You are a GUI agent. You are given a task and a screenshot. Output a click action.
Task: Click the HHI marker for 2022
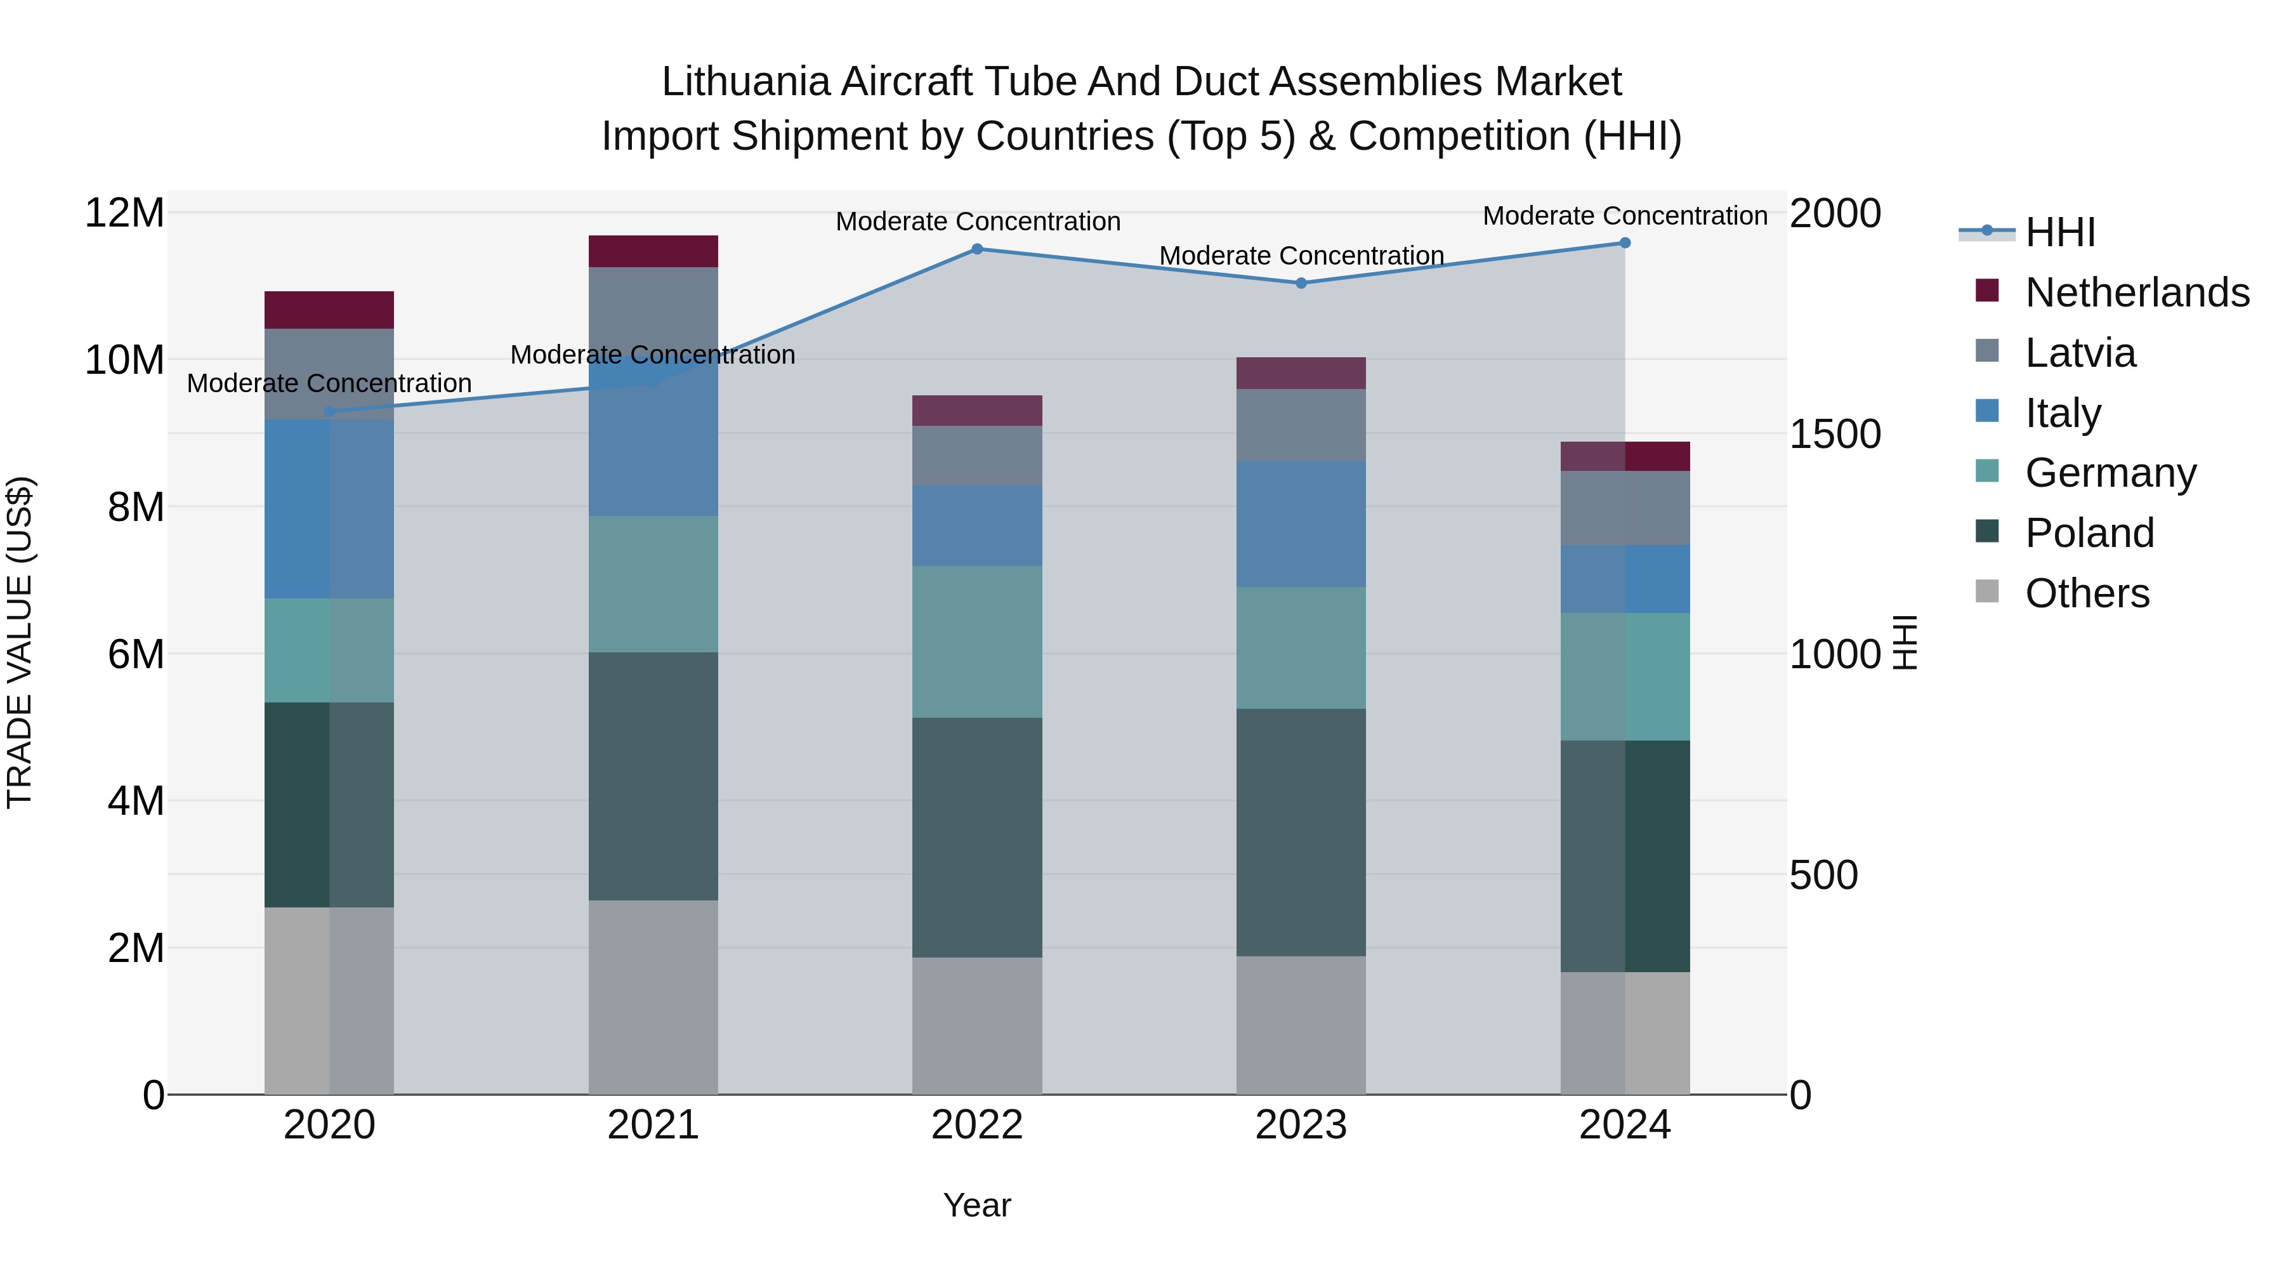coord(977,249)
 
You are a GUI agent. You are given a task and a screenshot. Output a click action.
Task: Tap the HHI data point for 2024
coord(1624,243)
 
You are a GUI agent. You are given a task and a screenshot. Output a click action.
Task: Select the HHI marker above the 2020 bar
coord(329,411)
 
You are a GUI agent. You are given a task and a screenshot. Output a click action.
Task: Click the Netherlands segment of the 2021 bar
coord(653,252)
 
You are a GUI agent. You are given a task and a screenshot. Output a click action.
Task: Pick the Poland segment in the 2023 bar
coord(1301,832)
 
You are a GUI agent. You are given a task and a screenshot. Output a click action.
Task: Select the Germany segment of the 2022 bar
coord(977,642)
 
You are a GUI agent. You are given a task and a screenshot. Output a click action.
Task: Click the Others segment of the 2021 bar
coord(653,997)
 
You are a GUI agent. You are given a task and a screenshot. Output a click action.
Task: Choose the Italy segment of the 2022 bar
coord(977,526)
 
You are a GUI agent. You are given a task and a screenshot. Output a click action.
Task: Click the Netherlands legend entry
coord(2137,293)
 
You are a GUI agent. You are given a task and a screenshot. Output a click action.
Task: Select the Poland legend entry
coord(2089,533)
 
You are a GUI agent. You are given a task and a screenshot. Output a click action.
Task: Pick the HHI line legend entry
coord(2059,232)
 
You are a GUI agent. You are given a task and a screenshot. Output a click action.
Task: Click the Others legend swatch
coord(1987,591)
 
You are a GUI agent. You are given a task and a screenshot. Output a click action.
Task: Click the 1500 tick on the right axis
coord(1834,435)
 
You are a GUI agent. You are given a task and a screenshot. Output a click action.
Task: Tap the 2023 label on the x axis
coord(1301,1125)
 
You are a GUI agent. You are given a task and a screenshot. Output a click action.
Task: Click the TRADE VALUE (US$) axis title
coord(20,642)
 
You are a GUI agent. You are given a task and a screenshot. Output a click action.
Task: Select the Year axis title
coord(977,1205)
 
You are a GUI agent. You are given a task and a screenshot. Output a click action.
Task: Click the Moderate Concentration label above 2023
coord(1301,255)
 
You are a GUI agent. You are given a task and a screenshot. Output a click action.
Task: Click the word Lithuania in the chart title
coord(745,82)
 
